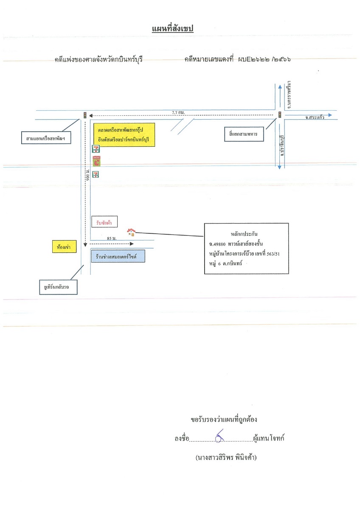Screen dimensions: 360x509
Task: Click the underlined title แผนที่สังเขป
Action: [x=173, y=29]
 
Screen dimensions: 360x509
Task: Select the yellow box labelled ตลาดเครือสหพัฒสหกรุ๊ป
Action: [x=124, y=135]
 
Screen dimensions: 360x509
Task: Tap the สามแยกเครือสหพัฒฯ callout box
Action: [x=46, y=138]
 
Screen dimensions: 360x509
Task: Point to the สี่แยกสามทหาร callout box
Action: [x=244, y=134]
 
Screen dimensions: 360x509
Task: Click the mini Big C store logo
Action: [x=96, y=161]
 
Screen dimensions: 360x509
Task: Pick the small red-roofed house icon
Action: [x=131, y=232]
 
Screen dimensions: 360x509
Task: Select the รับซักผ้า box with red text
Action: [x=104, y=222]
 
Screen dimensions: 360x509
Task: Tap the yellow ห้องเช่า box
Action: [x=65, y=246]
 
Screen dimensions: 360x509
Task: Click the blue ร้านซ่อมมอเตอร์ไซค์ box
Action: [x=118, y=256]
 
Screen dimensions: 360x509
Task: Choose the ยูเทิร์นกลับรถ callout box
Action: [x=58, y=287]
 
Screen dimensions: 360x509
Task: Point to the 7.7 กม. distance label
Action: [x=179, y=112]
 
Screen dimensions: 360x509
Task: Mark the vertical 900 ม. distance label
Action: [x=88, y=175]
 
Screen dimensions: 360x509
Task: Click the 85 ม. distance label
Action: [x=112, y=238]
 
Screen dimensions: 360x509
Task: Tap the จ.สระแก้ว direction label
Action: [x=315, y=117]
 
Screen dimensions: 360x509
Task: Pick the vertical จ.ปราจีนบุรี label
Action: [x=282, y=145]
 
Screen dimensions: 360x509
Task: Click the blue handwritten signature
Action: [x=219, y=436]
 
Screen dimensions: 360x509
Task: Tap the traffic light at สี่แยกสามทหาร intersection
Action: [x=279, y=115]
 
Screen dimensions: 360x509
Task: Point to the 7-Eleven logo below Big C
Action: [x=96, y=174]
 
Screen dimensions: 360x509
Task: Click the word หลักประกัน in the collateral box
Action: [x=244, y=234]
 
